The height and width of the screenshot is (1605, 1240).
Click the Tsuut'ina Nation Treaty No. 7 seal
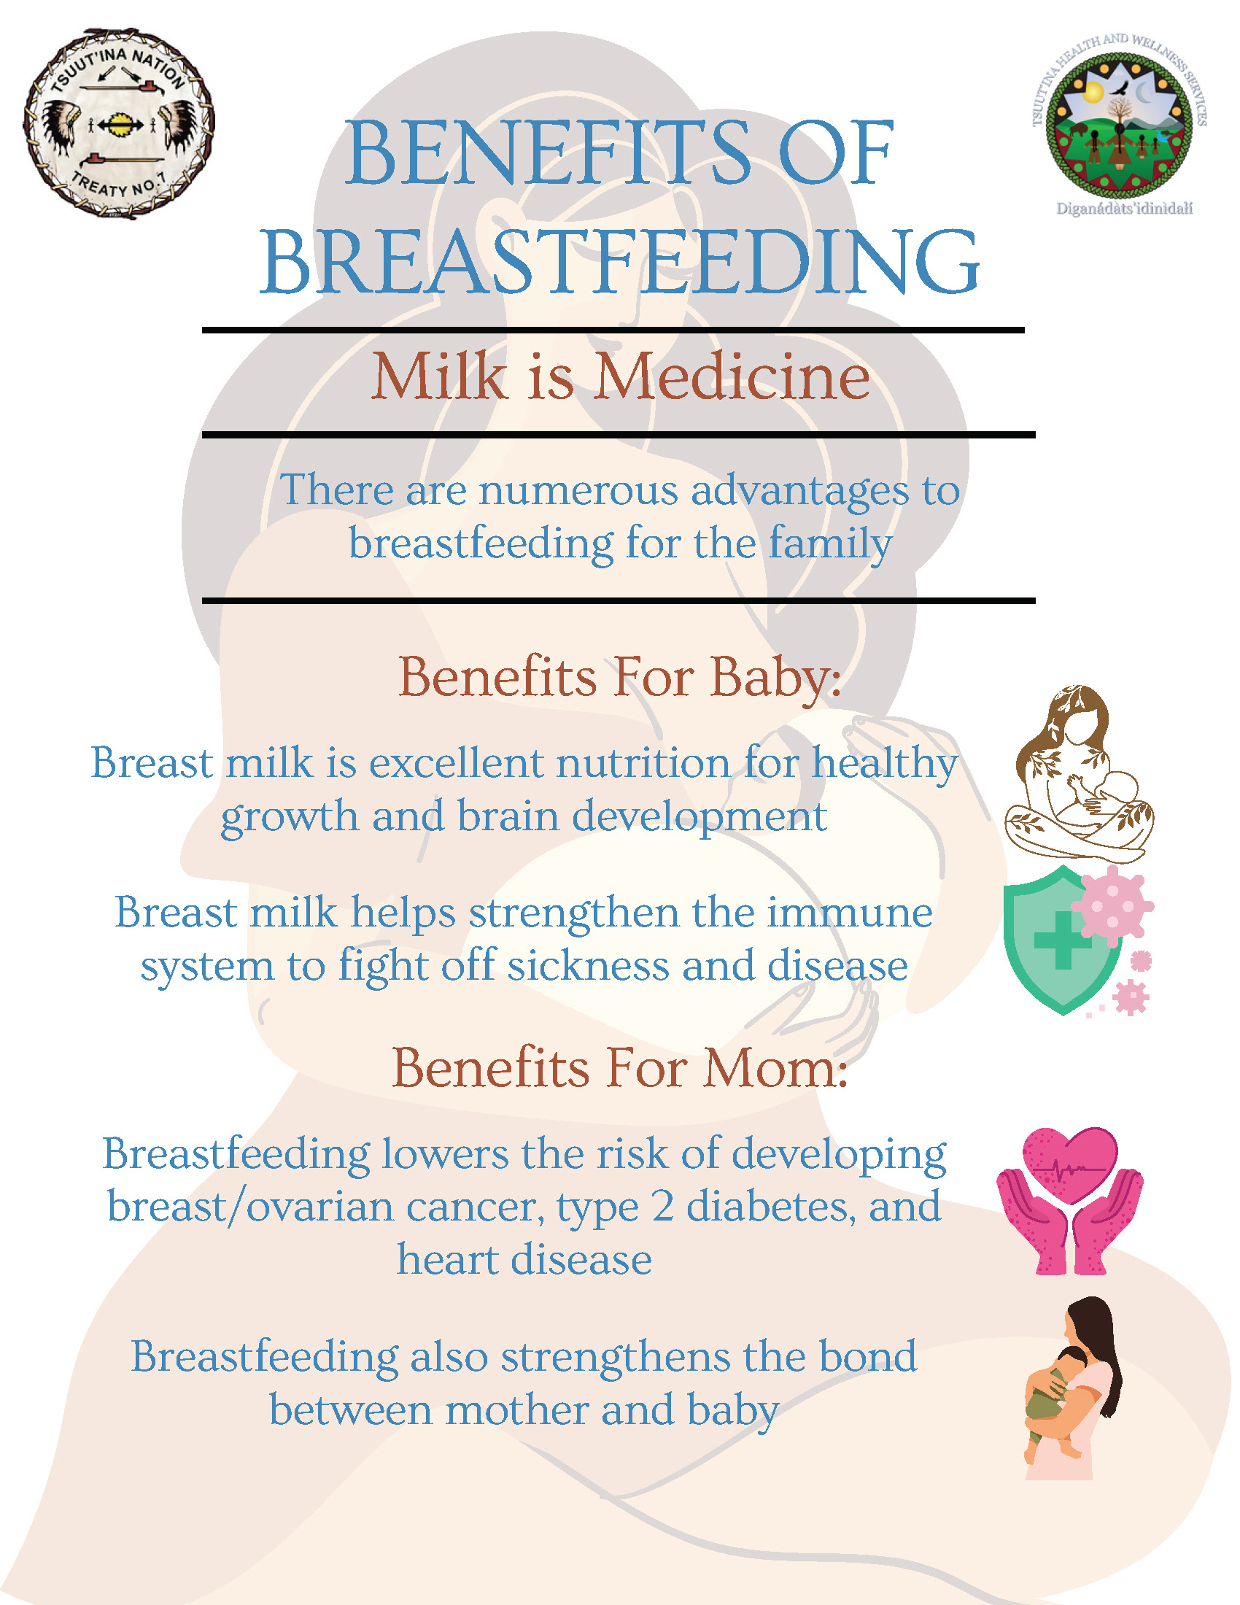click(x=119, y=124)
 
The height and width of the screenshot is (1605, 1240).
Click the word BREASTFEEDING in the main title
click(x=620, y=263)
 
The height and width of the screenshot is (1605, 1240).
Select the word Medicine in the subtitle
click(x=732, y=377)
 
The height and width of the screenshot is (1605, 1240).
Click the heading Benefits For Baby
click(x=620, y=678)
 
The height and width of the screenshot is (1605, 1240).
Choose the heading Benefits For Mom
click(x=620, y=1068)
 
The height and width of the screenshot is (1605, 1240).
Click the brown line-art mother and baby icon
click(x=1078, y=774)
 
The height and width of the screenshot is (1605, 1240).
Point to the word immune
click(x=850, y=913)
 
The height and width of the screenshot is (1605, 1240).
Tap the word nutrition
click(x=643, y=764)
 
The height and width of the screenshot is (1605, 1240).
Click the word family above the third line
click(x=830, y=544)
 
